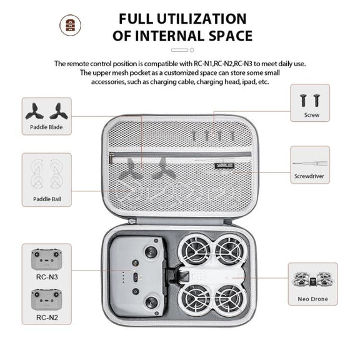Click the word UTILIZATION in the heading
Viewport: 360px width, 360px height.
(201, 19)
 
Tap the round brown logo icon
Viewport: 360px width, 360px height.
(70, 25)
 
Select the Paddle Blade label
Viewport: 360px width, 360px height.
(46, 127)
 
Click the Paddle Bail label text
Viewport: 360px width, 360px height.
(47, 199)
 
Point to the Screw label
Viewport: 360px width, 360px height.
(311, 115)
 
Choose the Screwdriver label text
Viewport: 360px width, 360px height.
(309, 176)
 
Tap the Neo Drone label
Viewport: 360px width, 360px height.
(312, 299)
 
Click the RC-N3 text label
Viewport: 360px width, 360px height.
(47, 277)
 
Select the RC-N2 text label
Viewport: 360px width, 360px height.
(47, 317)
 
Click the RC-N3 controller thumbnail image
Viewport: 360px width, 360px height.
(47, 259)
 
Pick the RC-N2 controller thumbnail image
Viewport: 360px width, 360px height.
(47, 299)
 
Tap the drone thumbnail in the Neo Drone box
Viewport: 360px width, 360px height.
(313, 279)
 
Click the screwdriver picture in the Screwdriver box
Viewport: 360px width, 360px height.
(310, 164)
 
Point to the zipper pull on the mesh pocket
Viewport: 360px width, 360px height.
(111, 157)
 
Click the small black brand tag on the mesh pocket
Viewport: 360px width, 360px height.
(224, 166)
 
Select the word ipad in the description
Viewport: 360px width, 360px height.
(249, 82)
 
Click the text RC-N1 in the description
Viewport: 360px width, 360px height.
(203, 64)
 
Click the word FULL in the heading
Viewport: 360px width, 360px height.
(136, 19)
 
